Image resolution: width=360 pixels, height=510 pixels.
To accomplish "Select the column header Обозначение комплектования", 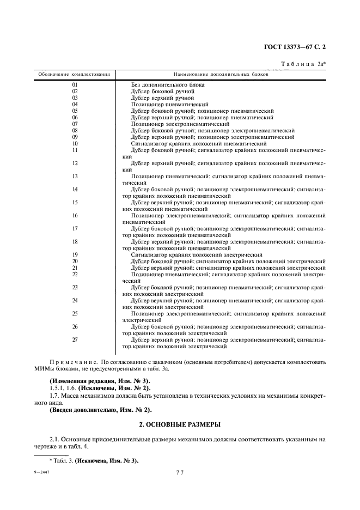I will tap(74, 74).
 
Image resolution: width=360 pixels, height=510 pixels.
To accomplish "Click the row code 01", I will tap(75, 84).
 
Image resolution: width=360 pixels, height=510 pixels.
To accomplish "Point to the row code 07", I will tap(75, 124).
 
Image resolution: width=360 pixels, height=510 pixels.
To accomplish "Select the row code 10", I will tap(75, 143).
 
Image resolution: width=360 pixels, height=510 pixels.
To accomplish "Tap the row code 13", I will tap(75, 176).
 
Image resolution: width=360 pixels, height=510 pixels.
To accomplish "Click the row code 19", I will tap(75, 254).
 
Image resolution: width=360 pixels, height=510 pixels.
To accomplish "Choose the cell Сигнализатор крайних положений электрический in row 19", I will tap(197, 254).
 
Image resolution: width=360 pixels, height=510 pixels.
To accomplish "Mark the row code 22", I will tap(75, 274).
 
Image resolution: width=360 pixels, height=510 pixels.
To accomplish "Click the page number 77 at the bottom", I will tap(179, 472).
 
